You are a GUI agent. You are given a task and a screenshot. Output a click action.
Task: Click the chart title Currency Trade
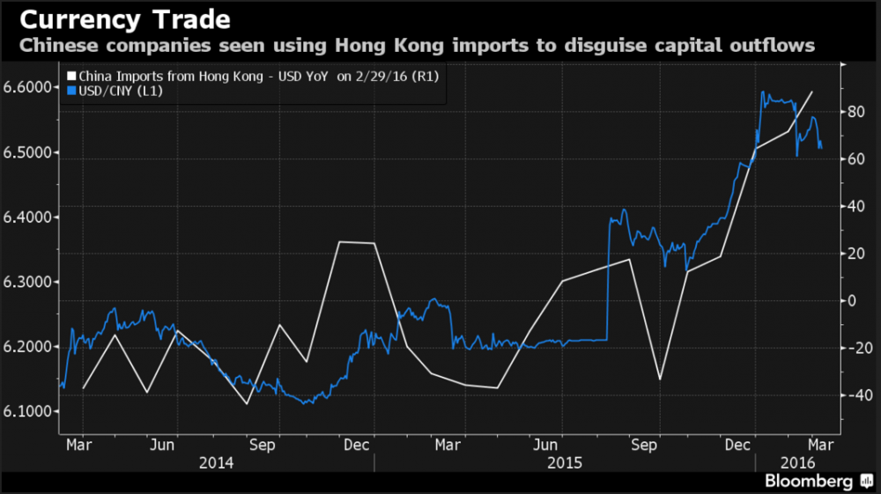click(119, 20)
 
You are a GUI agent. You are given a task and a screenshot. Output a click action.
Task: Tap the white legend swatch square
click(71, 77)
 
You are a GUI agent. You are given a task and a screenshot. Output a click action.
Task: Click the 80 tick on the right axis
click(854, 112)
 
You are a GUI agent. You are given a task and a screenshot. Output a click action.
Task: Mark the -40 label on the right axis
click(852, 395)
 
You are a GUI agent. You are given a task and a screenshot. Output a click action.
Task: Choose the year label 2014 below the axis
click(217, 462)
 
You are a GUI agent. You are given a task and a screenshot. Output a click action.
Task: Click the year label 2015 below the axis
click(564, 462)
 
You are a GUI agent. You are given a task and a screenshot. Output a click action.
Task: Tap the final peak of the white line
click(811, 92)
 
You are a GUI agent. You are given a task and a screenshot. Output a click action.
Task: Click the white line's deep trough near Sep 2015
click(660, 379)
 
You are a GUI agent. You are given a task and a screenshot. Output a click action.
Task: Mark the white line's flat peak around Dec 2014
click(357, 242)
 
